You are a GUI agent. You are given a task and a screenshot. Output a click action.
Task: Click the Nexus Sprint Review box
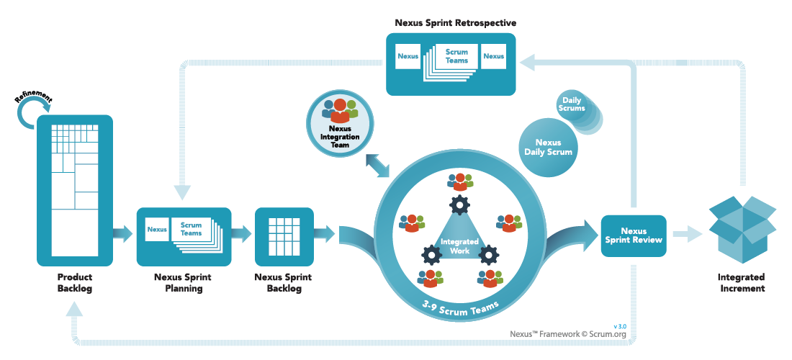tap(634, 235)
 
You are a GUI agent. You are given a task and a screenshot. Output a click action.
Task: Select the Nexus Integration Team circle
tap(339, 122)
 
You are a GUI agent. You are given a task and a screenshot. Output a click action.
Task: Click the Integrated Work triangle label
tap(455, 246)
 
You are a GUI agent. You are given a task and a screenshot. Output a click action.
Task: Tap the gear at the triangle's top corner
tap(459, 206)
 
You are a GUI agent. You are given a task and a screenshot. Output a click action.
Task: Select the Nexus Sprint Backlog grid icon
tap(284, 236)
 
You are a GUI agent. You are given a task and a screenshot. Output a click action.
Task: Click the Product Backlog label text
tap(75, 282)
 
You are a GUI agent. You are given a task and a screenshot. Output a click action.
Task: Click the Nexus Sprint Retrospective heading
tap(455, 23)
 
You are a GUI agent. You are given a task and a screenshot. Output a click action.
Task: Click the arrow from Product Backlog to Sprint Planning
tap(123, 233)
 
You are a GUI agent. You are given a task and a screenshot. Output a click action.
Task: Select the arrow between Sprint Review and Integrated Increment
tap(687, 233)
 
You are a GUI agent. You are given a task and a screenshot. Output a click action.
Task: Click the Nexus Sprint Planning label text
tap(183, 282)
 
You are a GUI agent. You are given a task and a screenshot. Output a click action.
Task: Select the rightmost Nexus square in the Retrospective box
tap(493, 55)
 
